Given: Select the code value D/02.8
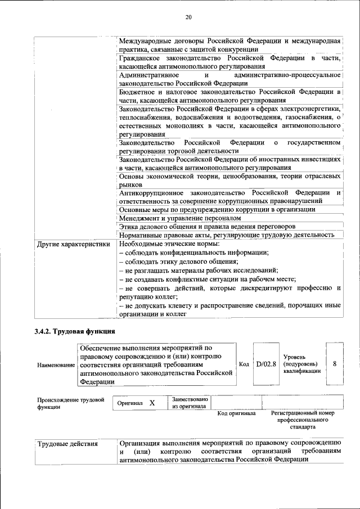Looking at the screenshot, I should [266, 364].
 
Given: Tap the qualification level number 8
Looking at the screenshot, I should [335, 364].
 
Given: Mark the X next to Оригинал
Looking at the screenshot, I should [152, 403].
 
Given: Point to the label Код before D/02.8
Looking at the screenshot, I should [244, 364].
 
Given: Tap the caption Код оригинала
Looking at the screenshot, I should [237, 414].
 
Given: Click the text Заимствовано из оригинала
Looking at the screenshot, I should [190, 403].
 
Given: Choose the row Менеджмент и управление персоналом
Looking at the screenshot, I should [180, 218].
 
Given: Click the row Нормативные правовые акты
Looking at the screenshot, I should [227, 235].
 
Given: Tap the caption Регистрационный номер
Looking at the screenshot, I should [302, 414].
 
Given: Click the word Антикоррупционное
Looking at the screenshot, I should [151, 192].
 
